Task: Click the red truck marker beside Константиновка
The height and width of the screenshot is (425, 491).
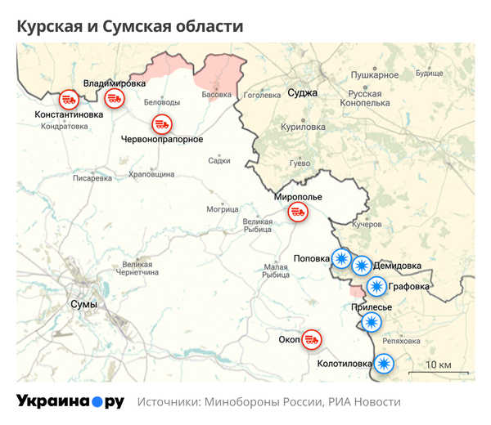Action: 69,100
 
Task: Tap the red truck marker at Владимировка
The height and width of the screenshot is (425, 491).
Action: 114,99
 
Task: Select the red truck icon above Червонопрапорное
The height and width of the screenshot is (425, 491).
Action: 162,124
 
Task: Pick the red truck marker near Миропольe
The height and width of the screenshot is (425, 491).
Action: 296,212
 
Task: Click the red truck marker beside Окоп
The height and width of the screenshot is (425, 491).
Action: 312,338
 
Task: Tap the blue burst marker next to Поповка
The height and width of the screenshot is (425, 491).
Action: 340,258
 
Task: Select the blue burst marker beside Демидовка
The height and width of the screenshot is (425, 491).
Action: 361,265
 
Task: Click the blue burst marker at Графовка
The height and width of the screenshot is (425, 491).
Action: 376,286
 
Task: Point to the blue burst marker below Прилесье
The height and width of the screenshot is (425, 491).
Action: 372,322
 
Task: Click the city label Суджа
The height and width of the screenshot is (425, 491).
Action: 302,93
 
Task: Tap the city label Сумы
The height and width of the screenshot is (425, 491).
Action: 84,305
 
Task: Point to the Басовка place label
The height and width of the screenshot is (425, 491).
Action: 216,95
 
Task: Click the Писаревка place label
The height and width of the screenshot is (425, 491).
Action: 92,177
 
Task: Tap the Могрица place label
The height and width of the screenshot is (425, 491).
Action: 221,209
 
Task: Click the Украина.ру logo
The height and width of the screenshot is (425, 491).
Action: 70,402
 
